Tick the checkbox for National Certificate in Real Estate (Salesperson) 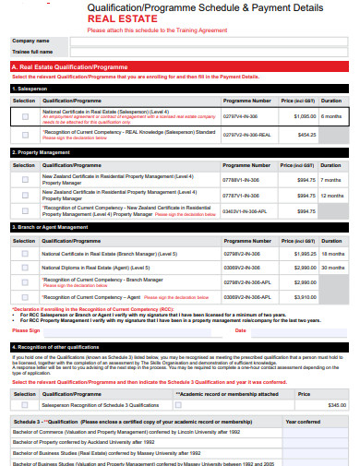tap(24, 116)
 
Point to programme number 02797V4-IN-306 tap(246, 116)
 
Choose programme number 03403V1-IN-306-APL tap(246, 210)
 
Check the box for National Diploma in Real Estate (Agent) tap(24, 267)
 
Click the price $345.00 tap(336, 405)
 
